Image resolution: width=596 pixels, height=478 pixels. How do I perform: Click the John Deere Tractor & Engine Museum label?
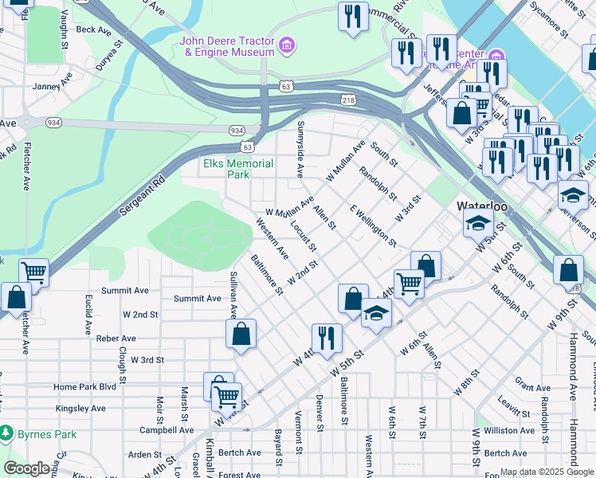[227, 47]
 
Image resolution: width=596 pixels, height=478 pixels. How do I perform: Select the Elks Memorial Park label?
[238, 169]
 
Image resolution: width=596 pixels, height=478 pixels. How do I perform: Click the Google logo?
[26, 468]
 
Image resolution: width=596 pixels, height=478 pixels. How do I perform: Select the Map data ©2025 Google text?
[545, 473]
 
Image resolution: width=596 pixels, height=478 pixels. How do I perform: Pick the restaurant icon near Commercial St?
[351, 17]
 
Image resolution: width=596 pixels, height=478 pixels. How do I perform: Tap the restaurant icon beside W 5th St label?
[327, 337]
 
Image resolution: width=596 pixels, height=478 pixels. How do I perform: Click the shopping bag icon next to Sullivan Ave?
[241, 334]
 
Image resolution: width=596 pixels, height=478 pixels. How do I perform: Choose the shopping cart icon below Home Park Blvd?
[227, 395]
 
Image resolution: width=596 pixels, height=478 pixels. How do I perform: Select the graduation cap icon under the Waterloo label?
[478, 223]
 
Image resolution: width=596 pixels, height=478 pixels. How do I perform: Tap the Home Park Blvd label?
[85, 387]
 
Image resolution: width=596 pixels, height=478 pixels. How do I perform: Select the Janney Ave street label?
[53, 85]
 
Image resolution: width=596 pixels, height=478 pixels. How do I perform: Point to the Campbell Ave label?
[167, 429]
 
